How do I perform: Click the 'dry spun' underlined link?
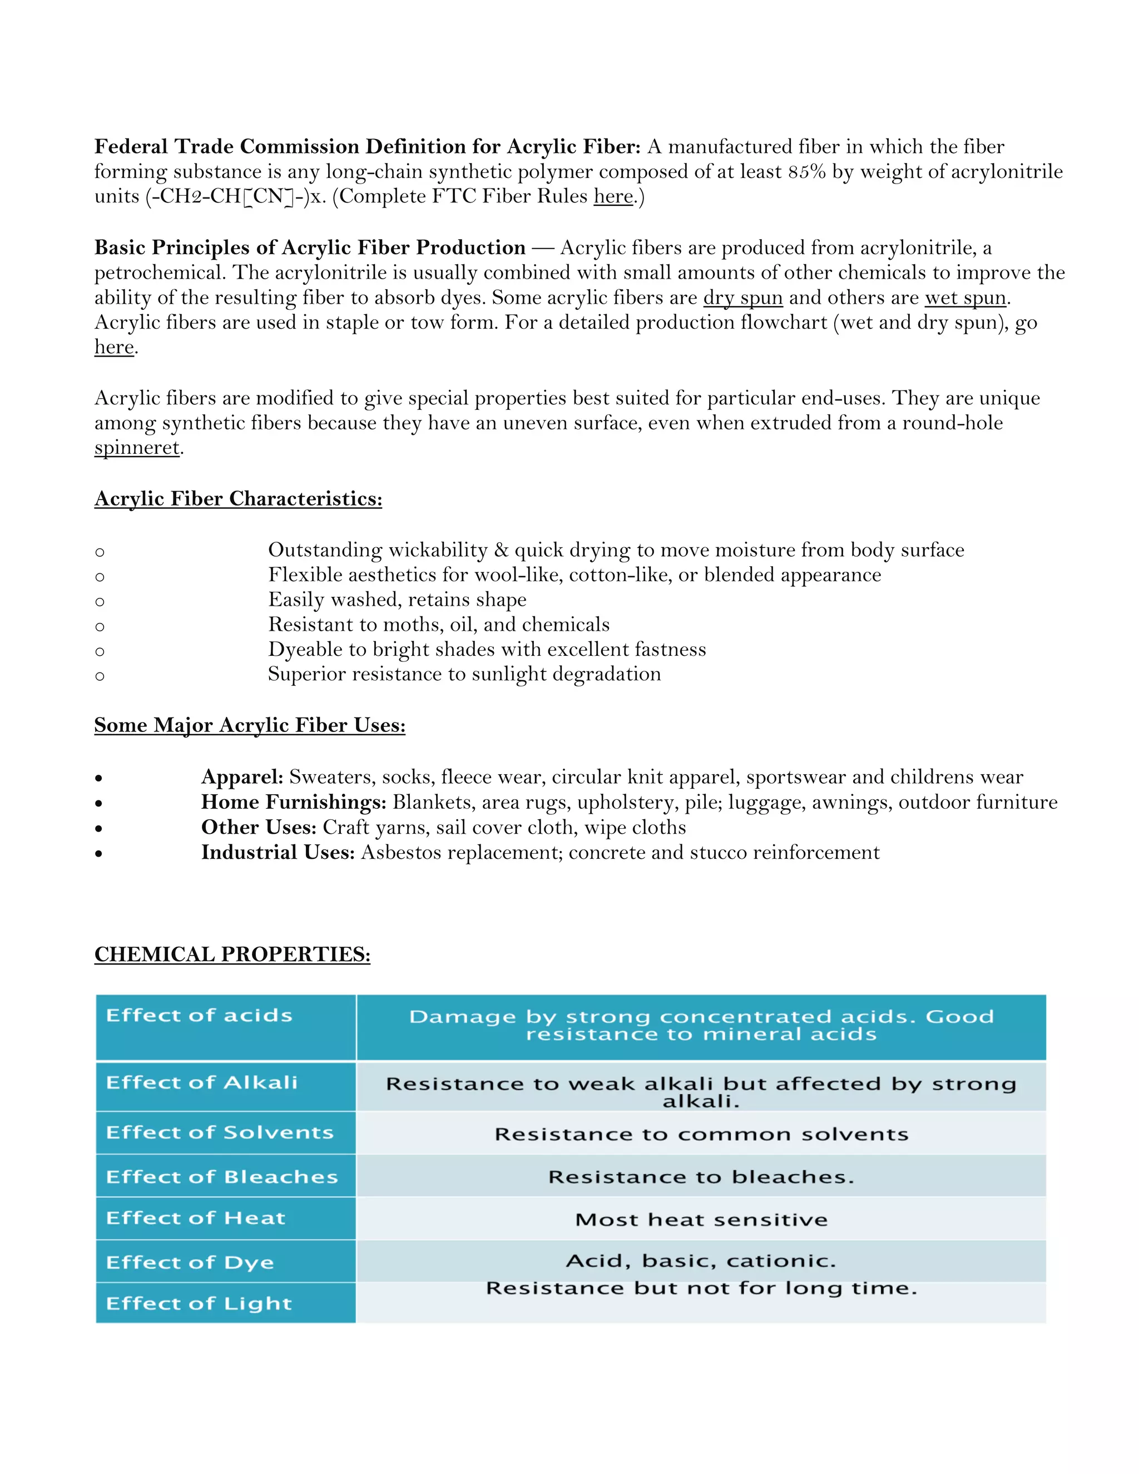click(742, 298)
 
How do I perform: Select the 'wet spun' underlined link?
click(965, 298)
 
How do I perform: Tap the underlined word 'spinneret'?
click(137, 447)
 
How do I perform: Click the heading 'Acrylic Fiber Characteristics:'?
click(238, 499)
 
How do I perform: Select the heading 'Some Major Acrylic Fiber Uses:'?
click(250, 725)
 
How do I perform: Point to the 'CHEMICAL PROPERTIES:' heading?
click(232, 954)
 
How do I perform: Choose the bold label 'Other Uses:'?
click(259, 828)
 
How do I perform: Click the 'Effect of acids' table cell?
click(199, 1016)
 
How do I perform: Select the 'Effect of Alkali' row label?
click(202, 1082)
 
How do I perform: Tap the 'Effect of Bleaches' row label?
click(222, 1177)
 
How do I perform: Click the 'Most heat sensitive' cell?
click(701, 1220)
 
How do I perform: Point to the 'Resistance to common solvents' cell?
click(701, 1135)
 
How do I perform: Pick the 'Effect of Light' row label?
click(199, 1303)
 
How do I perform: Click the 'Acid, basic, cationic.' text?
click(701, 1261)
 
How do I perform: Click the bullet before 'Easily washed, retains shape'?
click(100, 601)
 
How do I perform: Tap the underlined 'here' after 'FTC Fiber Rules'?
click(613, 196)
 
